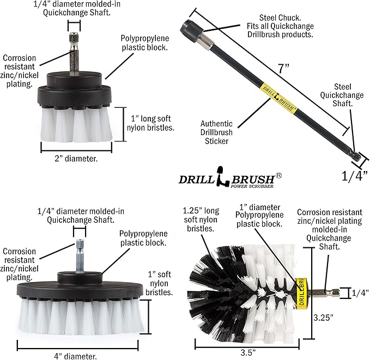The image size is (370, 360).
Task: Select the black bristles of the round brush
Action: point(210,289)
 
